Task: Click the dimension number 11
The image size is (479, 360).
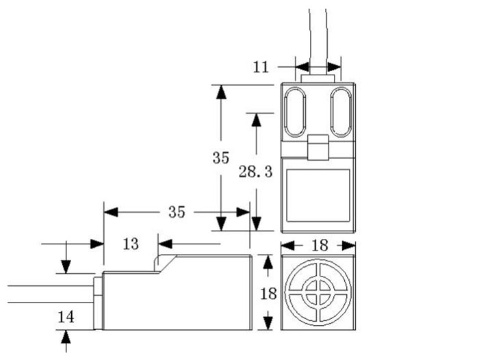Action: coord(261,67)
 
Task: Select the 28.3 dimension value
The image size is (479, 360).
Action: coord(255,172)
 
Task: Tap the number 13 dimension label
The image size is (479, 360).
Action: coord(130,244)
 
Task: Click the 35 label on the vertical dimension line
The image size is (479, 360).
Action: coord(220,157)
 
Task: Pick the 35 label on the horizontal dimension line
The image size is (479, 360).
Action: coord(177,212)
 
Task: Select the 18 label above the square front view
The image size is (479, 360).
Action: coord(318,245)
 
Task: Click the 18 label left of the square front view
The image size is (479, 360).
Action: coord(268,293)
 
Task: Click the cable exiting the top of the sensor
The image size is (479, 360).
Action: coord(318,34)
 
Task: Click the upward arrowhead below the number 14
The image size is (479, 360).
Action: coord(66,336)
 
